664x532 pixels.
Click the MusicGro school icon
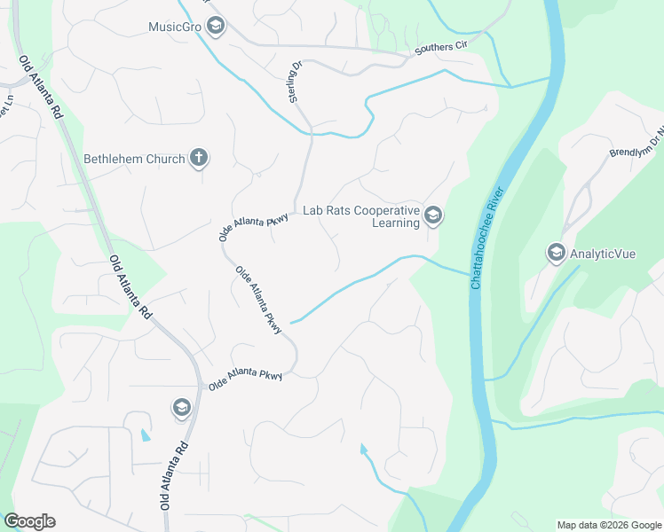click(x=214, y=27)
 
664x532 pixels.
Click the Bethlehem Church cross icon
click(x=199, y=159)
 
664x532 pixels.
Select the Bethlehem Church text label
click(x=134, y=160)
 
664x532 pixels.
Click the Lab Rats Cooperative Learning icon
click(x=433, y=215)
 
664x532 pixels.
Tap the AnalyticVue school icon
click(x=557, y=253)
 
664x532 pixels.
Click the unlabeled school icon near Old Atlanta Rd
click(x=181, y=407)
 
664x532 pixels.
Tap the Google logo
click(x=29, y=521)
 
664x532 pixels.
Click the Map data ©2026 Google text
click(x=608, y=525)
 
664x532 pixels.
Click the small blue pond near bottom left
click(x=145, y=435)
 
